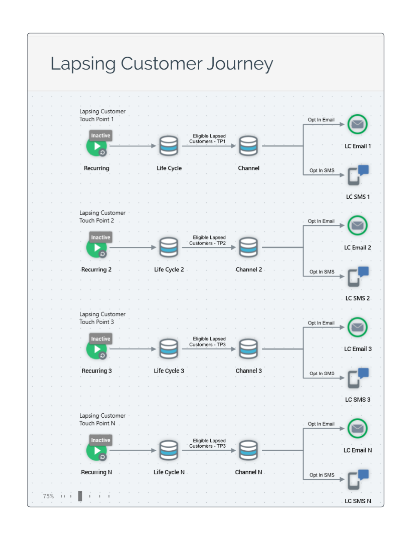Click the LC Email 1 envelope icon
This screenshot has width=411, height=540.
click(x=357, y=124)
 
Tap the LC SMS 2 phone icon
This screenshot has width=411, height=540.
click(x=358, y=276)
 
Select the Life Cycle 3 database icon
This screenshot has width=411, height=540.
click(x=169, y=349)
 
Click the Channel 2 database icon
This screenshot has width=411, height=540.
click(x=248, y=247)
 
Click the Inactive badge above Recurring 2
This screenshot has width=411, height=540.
click(x=101, y=237)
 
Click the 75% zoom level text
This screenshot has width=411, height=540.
click(x=48, y=496)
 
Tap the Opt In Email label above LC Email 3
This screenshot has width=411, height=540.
click(x=321, y=323)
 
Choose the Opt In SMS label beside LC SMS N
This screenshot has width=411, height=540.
click(x=322, y=475)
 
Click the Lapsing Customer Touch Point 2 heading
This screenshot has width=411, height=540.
click(x=102, y=217)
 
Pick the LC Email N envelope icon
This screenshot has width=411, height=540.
click(x=357, y=428)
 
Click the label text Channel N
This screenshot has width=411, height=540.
click(x=248, y=472)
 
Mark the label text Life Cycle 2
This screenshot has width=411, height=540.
click(x=169, y=270)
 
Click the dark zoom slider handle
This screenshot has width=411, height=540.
click(x=80, y=496)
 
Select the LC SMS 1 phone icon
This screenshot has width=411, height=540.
click(x=358, y=175)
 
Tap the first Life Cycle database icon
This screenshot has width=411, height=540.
click(x=169, y=146)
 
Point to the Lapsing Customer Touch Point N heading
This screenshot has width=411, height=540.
click(x=102, y=419)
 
